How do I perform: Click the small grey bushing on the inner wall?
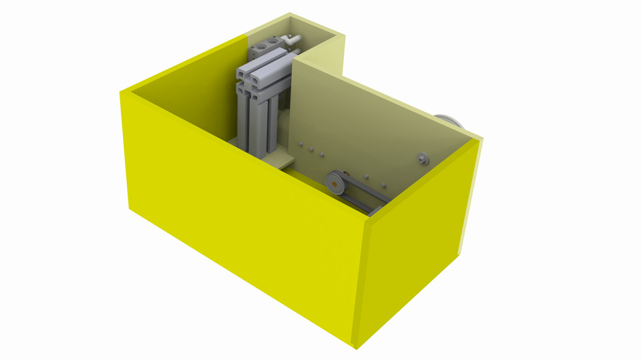click(x=422, y=158)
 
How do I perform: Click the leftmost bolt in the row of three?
click(x=300, y=143)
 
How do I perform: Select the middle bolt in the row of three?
click(x=311, y=149)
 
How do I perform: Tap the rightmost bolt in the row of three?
click(x=322, y=155)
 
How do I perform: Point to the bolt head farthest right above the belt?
click(x=384, y=185)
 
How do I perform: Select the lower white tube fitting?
click(x=294, y=48)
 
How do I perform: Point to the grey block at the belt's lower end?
click(x=375, y=212)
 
